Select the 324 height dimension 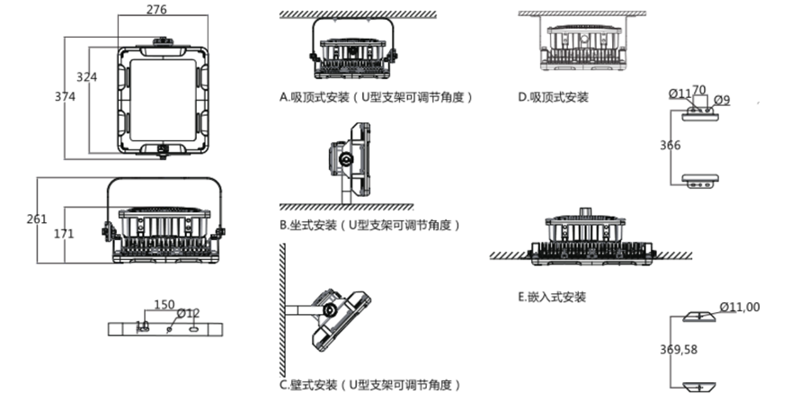point(86,77)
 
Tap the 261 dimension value point(37,219)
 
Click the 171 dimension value point(63,234)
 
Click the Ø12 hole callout point(188,314)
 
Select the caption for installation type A point(377,96)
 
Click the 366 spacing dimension point(670,145)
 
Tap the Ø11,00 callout point(740,307)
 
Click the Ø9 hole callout point(720,99)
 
